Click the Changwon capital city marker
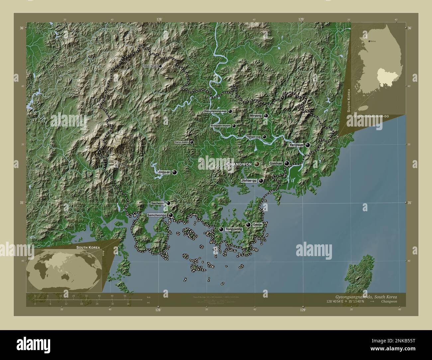pos(257,164)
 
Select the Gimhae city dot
pos(286,163)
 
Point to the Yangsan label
pos(296,145)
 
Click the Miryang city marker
pos(266,116)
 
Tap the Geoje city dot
pos(248,225)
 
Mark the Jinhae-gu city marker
pos(261,181)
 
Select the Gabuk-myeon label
pos(150,66)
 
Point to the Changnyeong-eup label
pos(215,112)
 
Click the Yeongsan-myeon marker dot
pos(234,126)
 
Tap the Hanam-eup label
pos(254,137)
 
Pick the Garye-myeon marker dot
pos(192,142)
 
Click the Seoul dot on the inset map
pos(369,41)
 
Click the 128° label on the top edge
pos(160,20)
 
